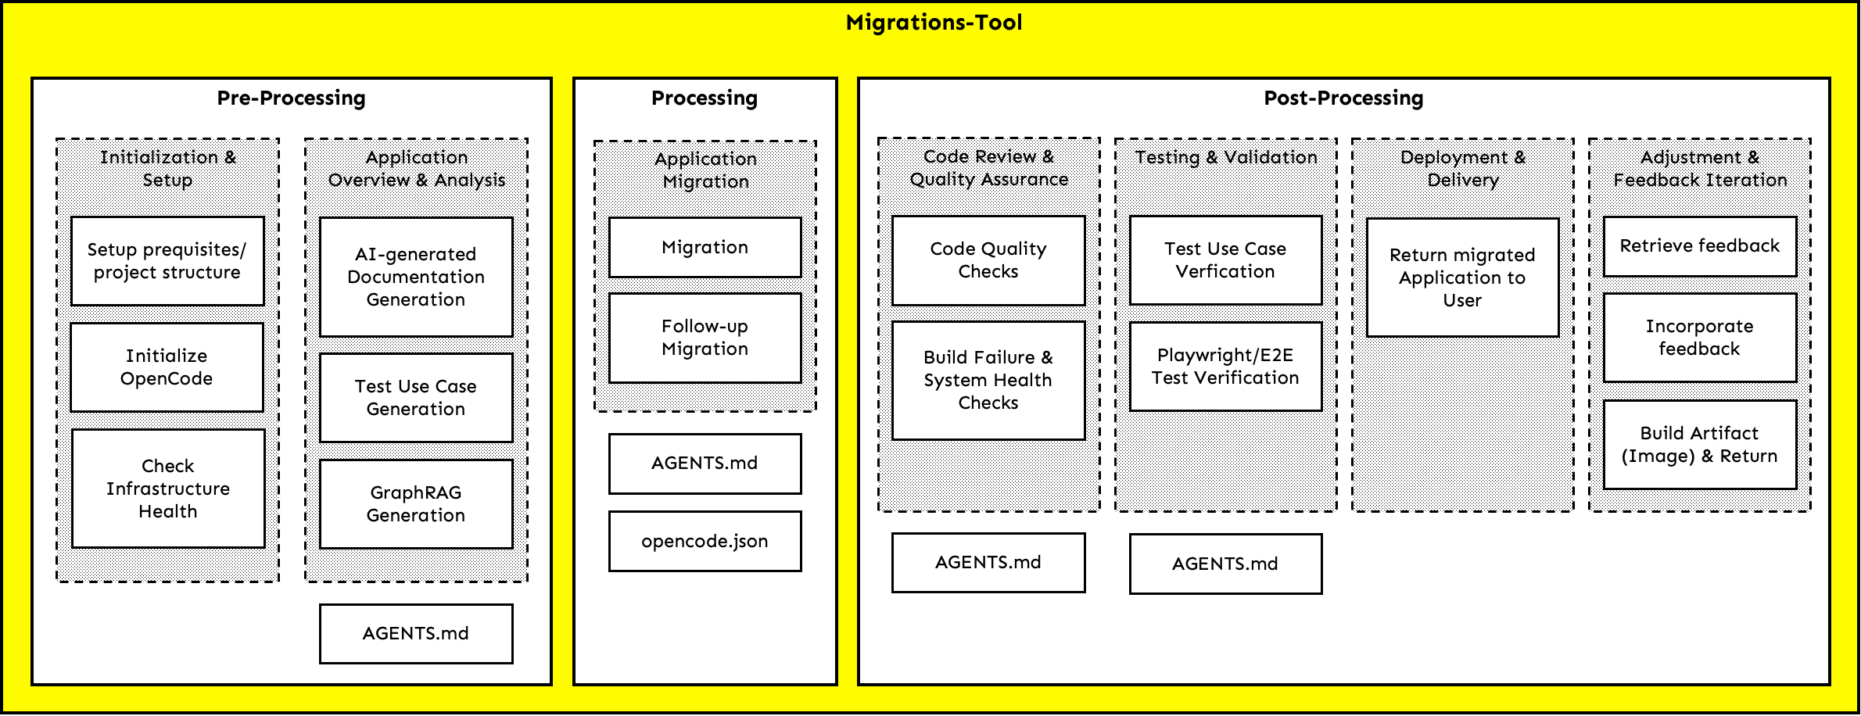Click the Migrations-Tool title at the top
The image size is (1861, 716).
(934, 23)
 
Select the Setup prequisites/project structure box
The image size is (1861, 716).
(167, 261)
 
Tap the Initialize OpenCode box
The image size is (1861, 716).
(167, 367)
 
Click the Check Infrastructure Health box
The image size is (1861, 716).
(168, 489)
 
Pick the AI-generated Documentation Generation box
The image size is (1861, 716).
(416, 277)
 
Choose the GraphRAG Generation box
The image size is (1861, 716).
(416, 504)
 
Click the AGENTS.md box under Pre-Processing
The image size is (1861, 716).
(416, 633)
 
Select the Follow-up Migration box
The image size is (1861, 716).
(705, 338)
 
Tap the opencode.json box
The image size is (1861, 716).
(705, 541)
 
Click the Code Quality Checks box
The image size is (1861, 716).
(988, 260)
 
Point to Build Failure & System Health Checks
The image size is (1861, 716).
(988, 380)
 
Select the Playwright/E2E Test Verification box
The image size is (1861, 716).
(1225, 367)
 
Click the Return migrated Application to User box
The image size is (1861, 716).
(1462, 277)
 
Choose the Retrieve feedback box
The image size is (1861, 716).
(1699, 246)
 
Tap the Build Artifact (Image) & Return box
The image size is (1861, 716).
(1699, 445)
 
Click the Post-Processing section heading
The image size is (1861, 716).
(1343, 98)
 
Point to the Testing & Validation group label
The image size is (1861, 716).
(1225, 158)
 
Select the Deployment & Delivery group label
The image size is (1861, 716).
(1462, 169)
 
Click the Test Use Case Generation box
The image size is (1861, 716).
(416, 398)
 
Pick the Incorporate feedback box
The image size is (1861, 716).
(1699, 338)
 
